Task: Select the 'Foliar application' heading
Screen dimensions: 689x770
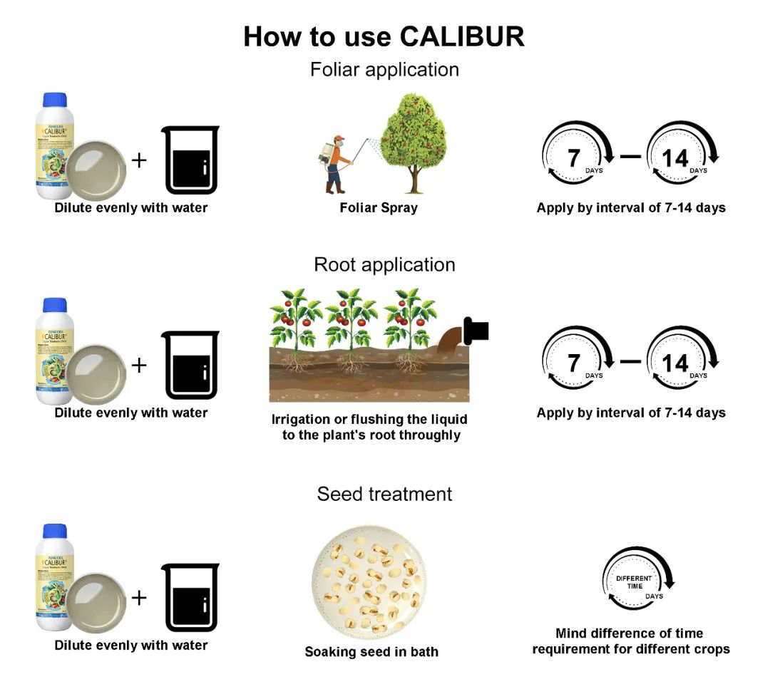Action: click(x=384, y=70)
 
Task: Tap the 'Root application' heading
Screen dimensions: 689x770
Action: click(x=384, y=264)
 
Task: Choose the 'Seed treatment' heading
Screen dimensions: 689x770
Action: click(x=384, y=494)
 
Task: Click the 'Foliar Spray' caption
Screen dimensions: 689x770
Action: click(x=379, y=208)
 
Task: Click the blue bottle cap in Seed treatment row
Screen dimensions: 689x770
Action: click(x=54, y=532)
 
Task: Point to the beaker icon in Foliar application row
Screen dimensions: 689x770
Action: click(x=190, y=160)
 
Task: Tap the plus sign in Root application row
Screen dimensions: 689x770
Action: click(x=139, y=365)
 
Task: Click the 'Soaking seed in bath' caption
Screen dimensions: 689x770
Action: click(x=371, y=651)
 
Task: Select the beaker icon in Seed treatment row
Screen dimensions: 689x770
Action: click(x=190, y=597)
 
